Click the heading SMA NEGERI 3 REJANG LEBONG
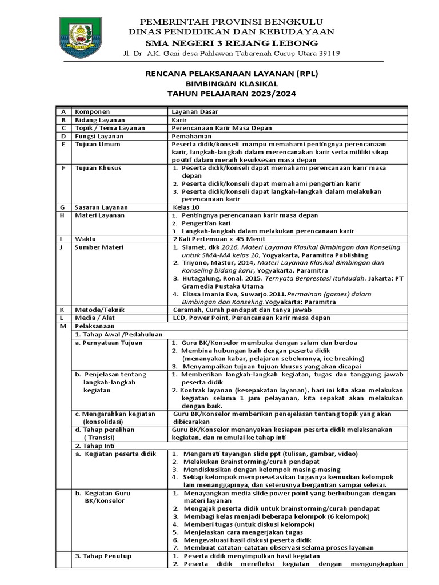[x=232, y=43]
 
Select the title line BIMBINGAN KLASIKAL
[x=232, y=83]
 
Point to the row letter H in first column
[x=62, y=215]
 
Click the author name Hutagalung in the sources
[x=203, y=278]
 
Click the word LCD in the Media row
[x=179, y=317]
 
